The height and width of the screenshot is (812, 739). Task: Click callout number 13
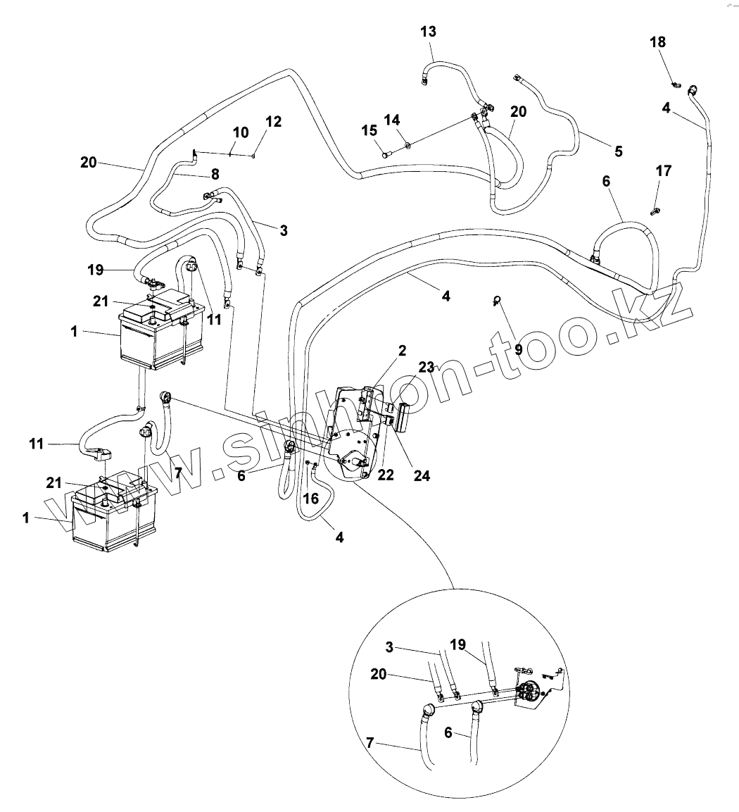point(428,32)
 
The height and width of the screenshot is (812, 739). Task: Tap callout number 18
point(657,42)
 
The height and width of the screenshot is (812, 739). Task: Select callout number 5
point(618,151)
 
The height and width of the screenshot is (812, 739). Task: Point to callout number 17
point(663,171)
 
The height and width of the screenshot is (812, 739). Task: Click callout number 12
point(274,122)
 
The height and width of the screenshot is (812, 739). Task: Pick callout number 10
point(240,132)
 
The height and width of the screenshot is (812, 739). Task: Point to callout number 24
point(421,475)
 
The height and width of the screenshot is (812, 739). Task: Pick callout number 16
point(311,499)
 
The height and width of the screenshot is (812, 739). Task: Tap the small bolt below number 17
point(656,209)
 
